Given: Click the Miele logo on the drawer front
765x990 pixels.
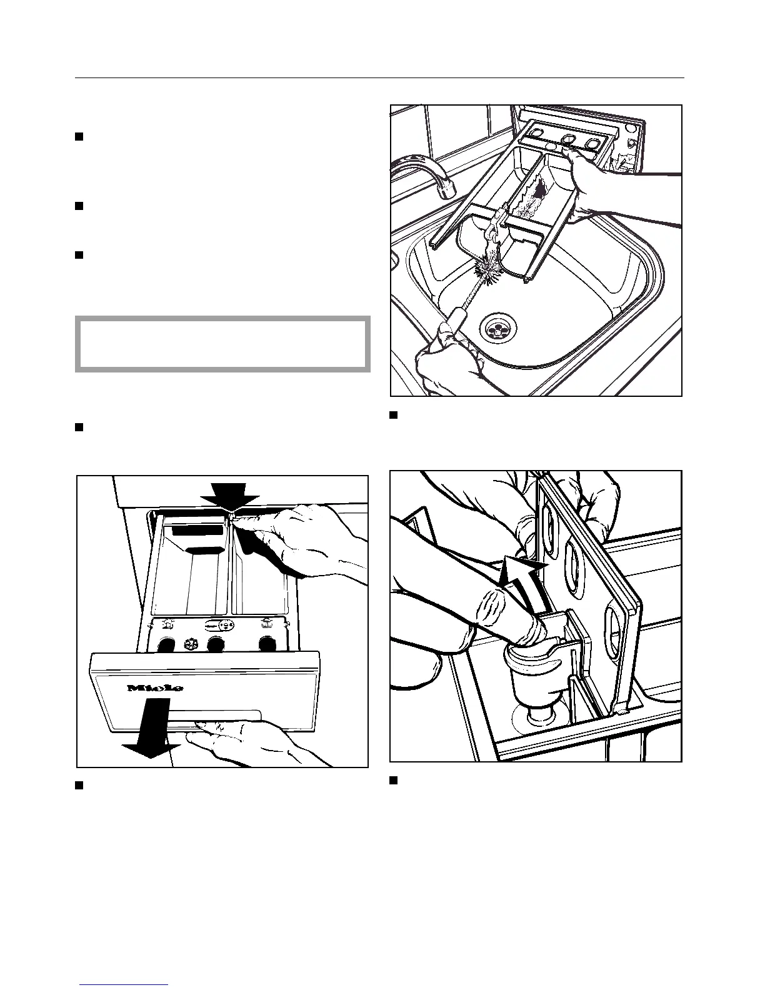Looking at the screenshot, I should pos(156,688).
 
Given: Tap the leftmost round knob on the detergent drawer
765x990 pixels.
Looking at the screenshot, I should pos(166,644).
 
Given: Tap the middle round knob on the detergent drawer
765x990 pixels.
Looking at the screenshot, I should pos(216,644).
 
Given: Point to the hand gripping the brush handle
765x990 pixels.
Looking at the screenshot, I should pos(447,362).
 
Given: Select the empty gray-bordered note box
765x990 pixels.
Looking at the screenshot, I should pos(222,344).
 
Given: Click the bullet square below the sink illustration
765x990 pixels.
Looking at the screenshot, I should pos(394,415).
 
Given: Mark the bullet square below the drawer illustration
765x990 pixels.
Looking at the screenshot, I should pos(79,786).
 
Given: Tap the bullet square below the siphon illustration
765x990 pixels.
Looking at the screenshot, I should pos(394,780).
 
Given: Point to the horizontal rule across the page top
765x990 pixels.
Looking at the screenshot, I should pos(379,79).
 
